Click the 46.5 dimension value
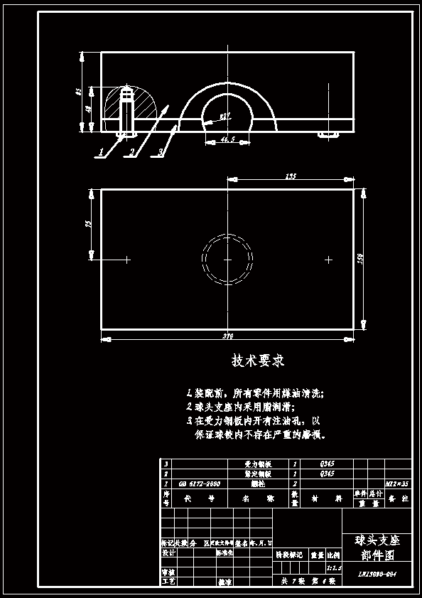click(227, 139)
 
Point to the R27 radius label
click(224, 116)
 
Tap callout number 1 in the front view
click(101, 151)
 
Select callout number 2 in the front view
click(131, 152)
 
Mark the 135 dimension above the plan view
click(290, 176)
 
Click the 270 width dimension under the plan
click(227, 336)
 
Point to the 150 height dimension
click(360, 260)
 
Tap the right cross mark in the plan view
click(328, 260)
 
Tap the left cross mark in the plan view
click(127, 260)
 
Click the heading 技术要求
click(258, 361)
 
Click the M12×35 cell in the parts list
click(396, 484)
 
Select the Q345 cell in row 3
click(327, 464)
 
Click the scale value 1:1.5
click(333, 569)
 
